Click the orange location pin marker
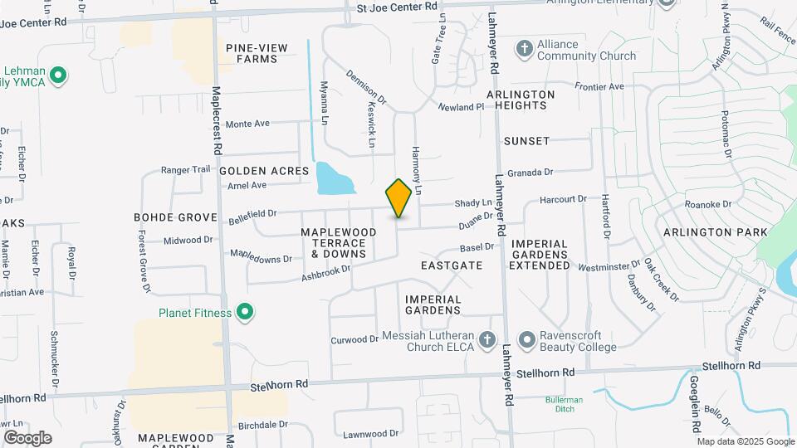pos(398,197)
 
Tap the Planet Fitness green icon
pos(245,312)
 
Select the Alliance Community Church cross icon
pos(523,48)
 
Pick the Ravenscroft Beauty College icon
pos(526,340)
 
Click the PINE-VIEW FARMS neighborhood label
pos(257,53)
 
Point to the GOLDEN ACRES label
pos(264,170)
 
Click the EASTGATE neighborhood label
pos(451,265)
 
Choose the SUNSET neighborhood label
pos(526,141)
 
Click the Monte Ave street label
pos(247,124)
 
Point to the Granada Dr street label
pos(531,173)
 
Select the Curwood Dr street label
pos(354,340)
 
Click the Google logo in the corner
pos(27,437)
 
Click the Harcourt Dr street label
pos(563,199)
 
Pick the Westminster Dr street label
pos(609,267)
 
